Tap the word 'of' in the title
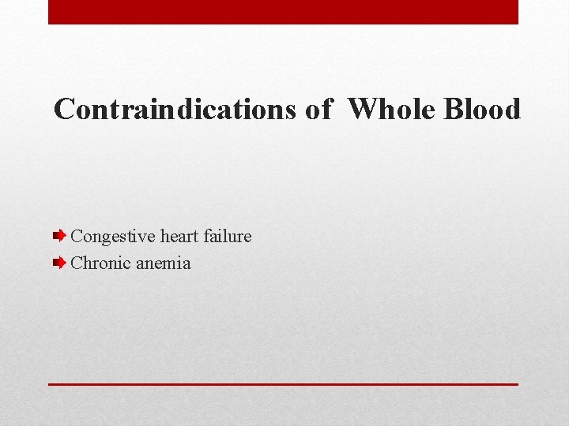(318, 109)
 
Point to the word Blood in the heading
(482, 109)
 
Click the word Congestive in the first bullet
(113, 237)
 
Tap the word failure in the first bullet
(228, 236)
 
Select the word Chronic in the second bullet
(101, 263)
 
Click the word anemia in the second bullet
(164, 263)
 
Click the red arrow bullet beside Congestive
(59, 235)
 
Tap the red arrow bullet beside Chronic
(59, 263)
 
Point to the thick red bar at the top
(283, 12)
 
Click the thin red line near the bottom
(283, 384)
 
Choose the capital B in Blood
(453, 109)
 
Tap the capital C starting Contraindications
(63, 109)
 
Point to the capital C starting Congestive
(77, 236)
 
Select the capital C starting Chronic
(77, 263)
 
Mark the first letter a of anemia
(141, 264)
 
